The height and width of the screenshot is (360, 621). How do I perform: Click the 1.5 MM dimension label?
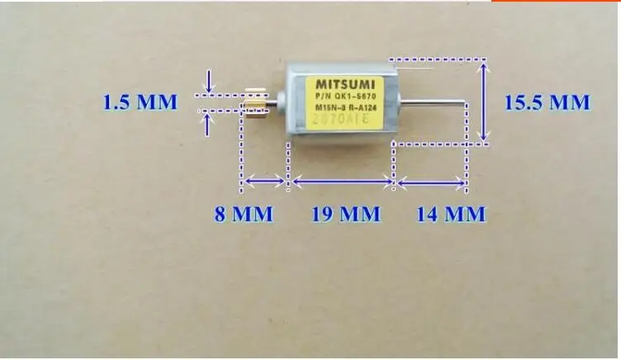[x=140, y=103]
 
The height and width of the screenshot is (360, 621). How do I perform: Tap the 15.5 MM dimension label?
[x=548, y=102]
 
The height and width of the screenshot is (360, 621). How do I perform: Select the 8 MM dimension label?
[x=244, y=214]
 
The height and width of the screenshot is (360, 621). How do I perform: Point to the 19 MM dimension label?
[x=345, y=214]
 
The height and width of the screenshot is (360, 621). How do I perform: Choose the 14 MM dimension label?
[x=451, y=214]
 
